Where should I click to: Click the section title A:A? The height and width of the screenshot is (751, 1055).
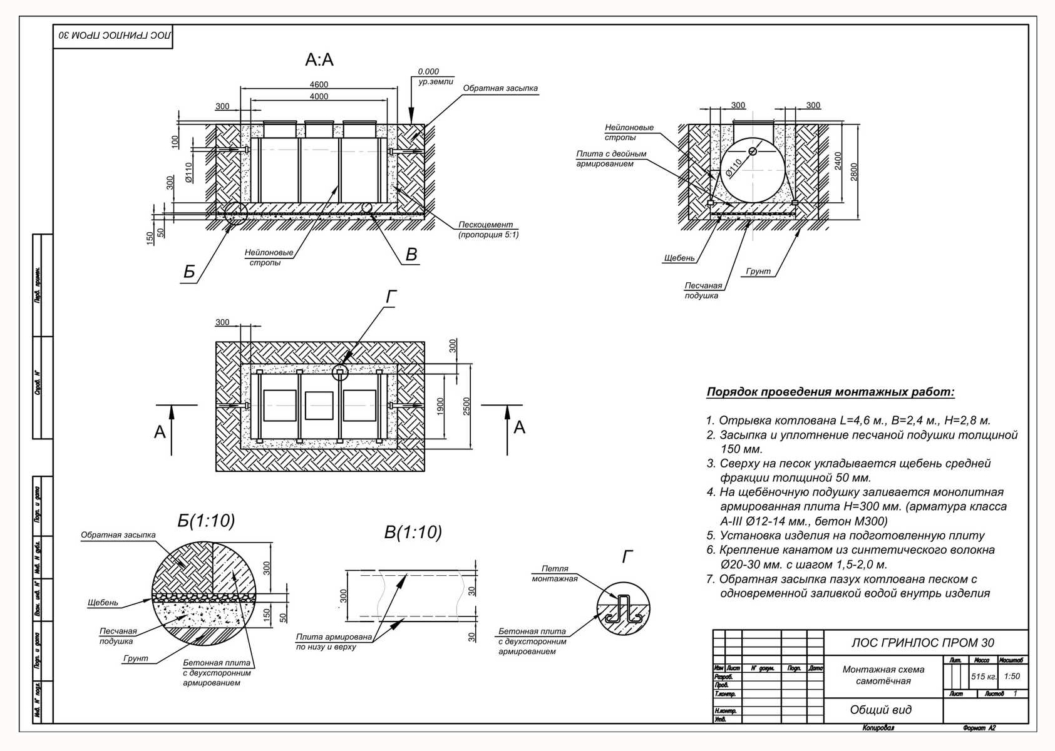pyautogui.click(x=319, y=60)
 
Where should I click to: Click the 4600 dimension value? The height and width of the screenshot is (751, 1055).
pyautogui.click(x=319, y=84)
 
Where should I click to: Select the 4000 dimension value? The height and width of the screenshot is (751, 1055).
pyautogui.click(x=319, y=96)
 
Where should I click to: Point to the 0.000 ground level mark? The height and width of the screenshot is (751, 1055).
pyautogui.click(x=428, y=72)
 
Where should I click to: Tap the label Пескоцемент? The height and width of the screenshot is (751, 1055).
pyautogui.click(x=485, y=225)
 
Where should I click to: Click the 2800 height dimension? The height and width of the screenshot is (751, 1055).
pyautogui.click(x=854, y=172)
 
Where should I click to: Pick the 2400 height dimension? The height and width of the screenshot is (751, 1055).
pyautogui.click(x=838, y=161)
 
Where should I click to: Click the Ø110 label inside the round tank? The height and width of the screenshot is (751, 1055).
pyautogui.click(x=734, y=168)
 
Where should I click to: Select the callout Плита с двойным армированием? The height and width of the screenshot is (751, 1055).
pyautogui.click(x=610, y=159)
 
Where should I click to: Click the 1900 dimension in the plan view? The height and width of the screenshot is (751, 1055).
pyautogui.click(x=440, y=407)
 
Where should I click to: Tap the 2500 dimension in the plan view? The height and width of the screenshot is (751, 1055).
pyautogui.click(x=466, y=407)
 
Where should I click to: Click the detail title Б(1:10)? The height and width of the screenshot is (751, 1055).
pyautogui.click(x=206, y=521)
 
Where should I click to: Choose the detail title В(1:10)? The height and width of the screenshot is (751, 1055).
pyautogui.click(x=413, y=533)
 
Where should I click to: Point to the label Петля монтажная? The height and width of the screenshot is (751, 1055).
pyautogui.click(x=554, y=573)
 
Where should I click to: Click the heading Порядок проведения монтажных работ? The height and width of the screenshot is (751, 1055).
pyautogui.click(x=830, y=392)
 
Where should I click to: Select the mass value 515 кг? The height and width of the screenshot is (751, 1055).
pyautogui.click(x=983, y=677)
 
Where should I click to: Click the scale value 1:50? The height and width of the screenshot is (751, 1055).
pyautogui.click(x=1012, y=677)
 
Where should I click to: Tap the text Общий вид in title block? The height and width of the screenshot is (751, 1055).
pyautogui.click(x=880, y=710)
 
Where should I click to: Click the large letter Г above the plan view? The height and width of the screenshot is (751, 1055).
pyautogui.click(x=391, y=297)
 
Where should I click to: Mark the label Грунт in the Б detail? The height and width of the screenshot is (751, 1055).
pyautogui.click(x=135, y=658)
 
